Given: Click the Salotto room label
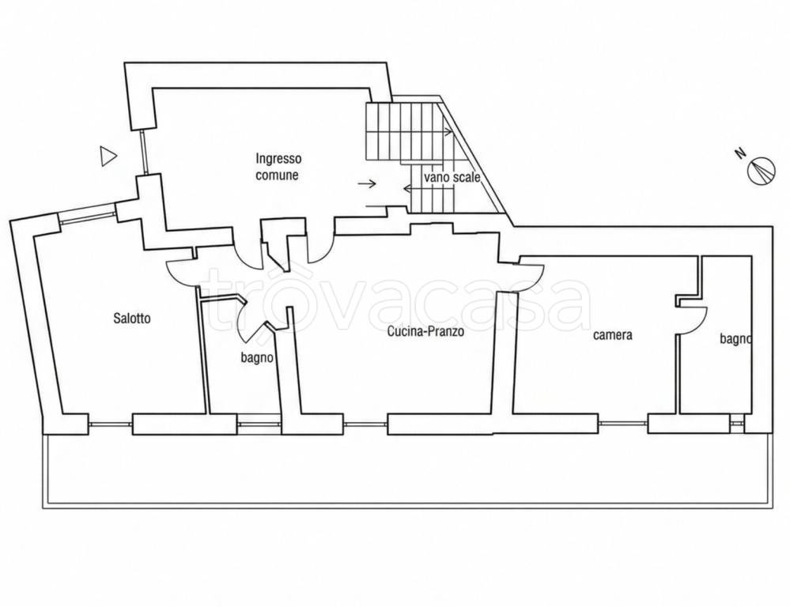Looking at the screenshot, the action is [132, 319].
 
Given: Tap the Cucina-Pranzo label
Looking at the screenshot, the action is [425, 331].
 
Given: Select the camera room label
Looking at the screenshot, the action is [613, 335].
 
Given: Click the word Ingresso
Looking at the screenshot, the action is [278, 159].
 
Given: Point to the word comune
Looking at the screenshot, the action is [277, 175].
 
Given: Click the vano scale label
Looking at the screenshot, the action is [452, 177].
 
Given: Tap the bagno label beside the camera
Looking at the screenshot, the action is [735, 340].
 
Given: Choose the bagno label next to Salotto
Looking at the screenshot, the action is [257, 358].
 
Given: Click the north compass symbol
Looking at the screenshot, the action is [761, 172].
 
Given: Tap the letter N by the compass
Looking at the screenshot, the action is [740, 153].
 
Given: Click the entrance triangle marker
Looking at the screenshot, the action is [108, 156].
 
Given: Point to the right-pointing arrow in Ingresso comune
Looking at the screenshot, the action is [367, 184].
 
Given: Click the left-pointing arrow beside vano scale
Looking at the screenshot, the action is [413, 188].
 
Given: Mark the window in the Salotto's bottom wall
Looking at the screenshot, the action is [111, 424].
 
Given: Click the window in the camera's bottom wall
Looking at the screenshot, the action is [622, 423].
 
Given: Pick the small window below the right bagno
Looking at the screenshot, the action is [736, 423].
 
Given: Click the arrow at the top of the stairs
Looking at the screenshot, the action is [446, 132].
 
